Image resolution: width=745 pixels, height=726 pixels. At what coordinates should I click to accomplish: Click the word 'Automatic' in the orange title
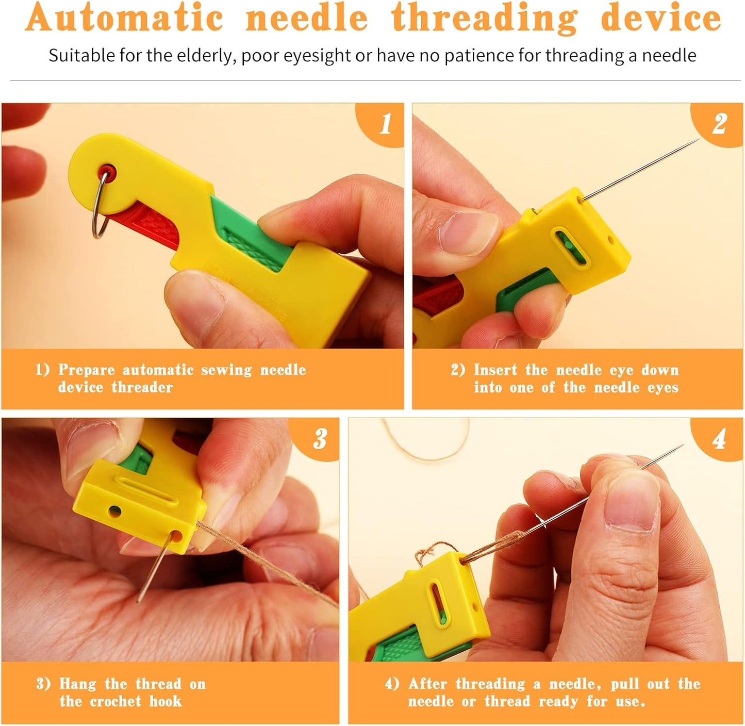[x=124, y=18]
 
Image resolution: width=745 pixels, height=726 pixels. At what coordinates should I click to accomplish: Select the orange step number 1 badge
[x=385, y=124]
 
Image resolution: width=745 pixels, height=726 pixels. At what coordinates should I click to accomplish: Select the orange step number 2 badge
[x=720, y=124]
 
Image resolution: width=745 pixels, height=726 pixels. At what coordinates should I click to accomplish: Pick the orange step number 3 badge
[x=320, y=438]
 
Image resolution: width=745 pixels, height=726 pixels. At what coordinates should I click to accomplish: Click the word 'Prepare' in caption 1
[x=86, y=370]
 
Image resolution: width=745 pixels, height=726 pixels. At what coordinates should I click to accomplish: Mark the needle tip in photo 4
[x=682, y=446]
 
